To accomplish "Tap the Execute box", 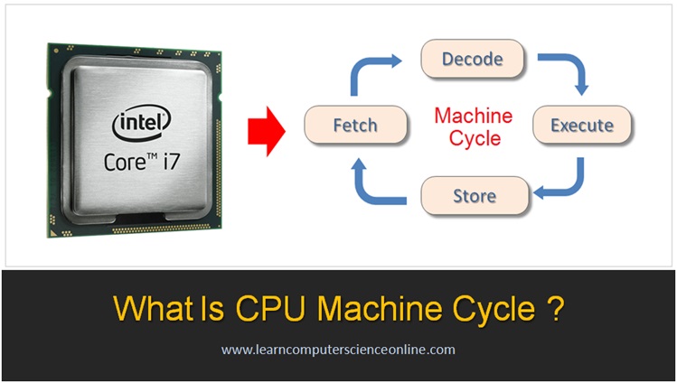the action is point(581,124).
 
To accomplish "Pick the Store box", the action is point(474,194).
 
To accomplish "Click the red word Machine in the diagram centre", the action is point(473,116).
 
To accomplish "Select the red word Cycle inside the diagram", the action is point(474,138).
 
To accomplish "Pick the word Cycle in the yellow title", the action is point(494,309).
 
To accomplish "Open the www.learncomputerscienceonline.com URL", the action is point(338,349).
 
